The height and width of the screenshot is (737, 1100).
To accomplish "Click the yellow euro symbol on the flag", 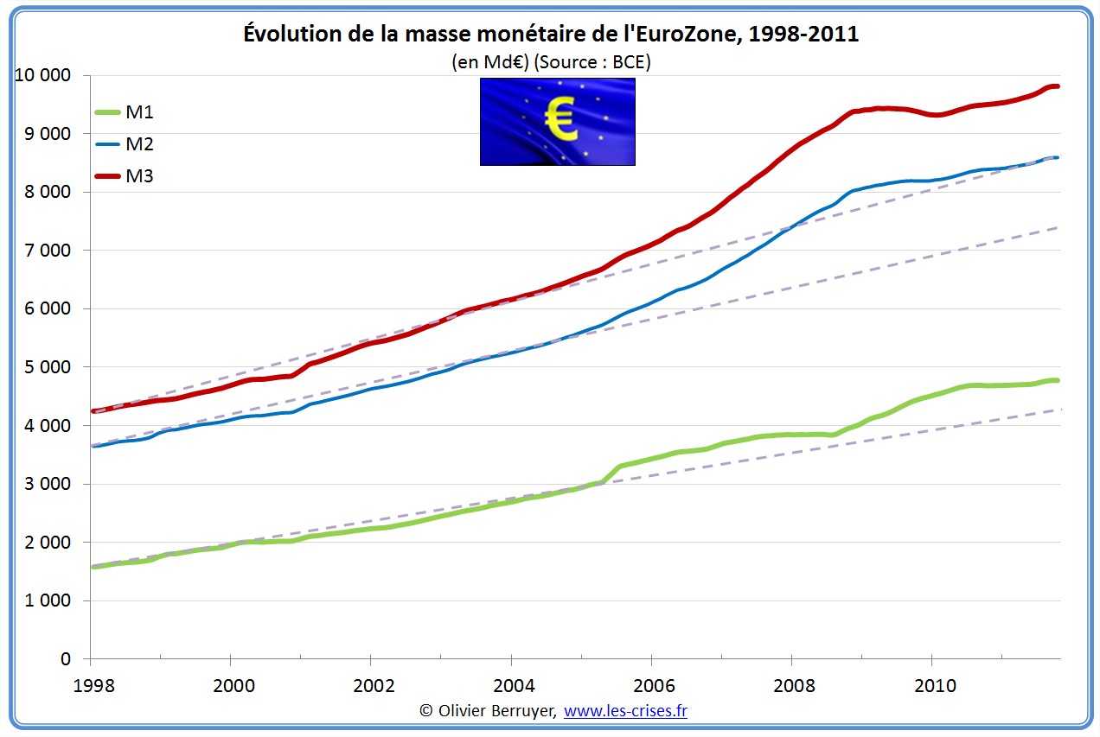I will click(561, 119).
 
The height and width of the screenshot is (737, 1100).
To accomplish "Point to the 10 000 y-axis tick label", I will click(42, 75).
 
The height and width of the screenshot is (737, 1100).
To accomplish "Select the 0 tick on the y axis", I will click(66, 658).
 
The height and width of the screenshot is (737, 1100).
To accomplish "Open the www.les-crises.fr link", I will click(625, 710).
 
